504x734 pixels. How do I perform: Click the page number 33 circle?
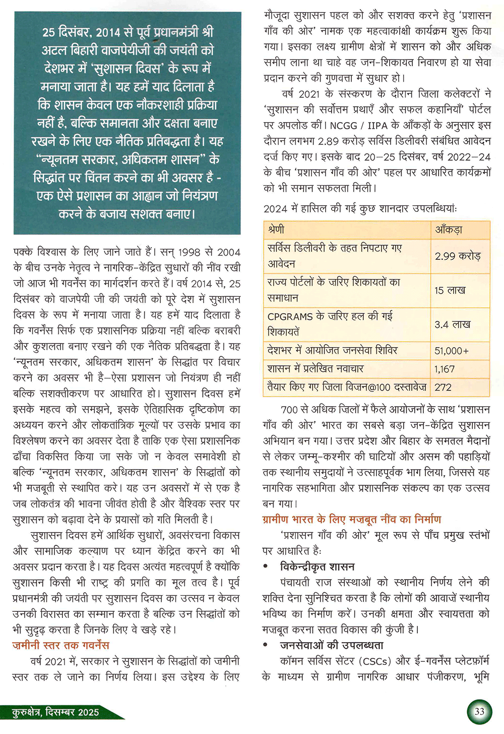[479, 711]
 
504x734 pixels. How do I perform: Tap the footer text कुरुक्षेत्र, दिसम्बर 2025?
[56, 712]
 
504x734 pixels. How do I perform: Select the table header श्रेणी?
[276, 230]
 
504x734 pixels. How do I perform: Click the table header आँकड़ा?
[449, 230]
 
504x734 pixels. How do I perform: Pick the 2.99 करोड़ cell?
[458, 256]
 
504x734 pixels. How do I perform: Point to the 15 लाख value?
[450, 290]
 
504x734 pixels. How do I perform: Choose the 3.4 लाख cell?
[452, 324]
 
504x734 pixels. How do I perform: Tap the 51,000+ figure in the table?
[452, 351]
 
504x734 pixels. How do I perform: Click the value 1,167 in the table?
[445, 369]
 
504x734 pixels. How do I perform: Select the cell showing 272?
[443, 387]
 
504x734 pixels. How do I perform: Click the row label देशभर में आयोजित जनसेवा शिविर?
[333, 351]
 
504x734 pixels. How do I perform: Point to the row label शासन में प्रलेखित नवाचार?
[316, 369]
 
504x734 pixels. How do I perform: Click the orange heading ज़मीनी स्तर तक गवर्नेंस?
[60, 645]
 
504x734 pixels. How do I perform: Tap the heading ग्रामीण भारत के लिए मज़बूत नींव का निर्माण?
[352, 519]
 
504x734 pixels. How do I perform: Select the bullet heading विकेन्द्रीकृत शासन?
[318, 567]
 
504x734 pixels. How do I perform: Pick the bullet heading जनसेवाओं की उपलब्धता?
[332, 645]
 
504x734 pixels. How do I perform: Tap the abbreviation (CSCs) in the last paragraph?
[375, 661]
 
